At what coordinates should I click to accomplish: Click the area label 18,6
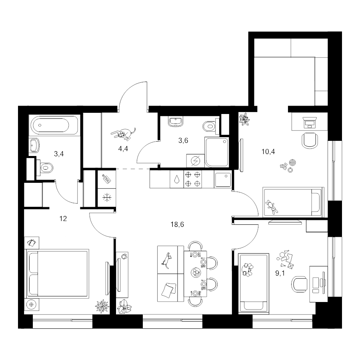point(177,224)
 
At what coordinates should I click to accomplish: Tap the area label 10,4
point(268,152)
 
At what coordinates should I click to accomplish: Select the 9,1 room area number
point(280,273)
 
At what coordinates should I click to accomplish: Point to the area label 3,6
point(183,140)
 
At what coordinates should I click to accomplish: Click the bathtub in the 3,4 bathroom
point(54,125)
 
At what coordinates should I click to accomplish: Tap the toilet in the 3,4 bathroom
point(45,168)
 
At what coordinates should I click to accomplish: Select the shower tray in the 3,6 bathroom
point(217,152)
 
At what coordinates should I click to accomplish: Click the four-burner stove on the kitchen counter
point(193,179)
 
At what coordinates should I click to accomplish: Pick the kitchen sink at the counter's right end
point(223,179)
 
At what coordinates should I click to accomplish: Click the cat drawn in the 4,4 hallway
point(123,134)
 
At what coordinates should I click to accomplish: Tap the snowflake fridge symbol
point(107,198)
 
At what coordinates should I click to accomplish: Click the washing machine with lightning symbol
point(195,161)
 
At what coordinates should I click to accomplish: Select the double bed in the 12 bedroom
point(58,274)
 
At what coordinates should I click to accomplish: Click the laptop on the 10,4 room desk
point(310,122)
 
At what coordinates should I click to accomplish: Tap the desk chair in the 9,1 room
point(299,284)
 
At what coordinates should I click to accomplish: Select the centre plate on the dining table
point(196,273)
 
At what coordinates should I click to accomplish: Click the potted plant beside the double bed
point(102,306)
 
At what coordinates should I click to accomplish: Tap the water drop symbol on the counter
point(176,179)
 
